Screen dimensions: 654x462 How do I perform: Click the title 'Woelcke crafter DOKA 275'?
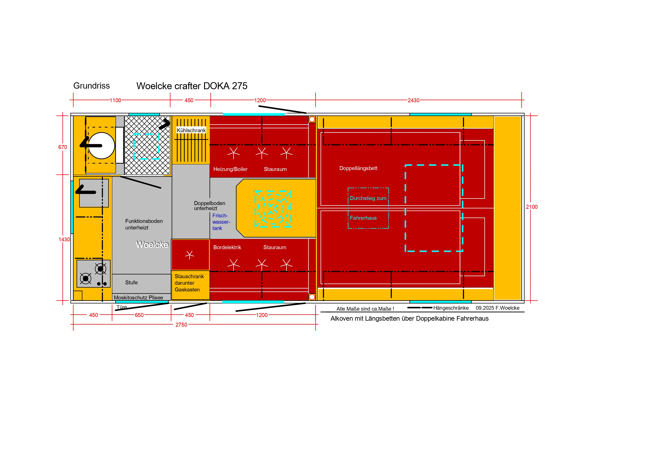(x=192, y=86)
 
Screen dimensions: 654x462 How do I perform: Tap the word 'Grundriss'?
(x=92, y=86)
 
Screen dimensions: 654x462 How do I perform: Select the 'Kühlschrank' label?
(x=191, y=130)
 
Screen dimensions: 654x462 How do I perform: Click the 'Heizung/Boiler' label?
(x=230, y=169)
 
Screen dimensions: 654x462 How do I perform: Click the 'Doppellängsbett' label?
(x=358, y=168)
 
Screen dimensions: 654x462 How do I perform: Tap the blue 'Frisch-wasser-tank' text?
(x=221, y=222)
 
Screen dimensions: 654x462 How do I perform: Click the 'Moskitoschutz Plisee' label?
(x=138, y=297)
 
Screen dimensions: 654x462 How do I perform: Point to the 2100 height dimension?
(x=532, y=207)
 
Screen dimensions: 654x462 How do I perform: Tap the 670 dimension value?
(x=63, y=147)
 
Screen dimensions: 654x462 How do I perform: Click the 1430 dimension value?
(x=64, y=239)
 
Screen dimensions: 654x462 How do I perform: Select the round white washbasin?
(x=102, y=146)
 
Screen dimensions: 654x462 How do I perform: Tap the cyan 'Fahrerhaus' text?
(x=363, y=218)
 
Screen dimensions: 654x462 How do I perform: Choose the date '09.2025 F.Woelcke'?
(x=498, y=308)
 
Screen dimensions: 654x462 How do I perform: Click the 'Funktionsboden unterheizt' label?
(x=144, y=224)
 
